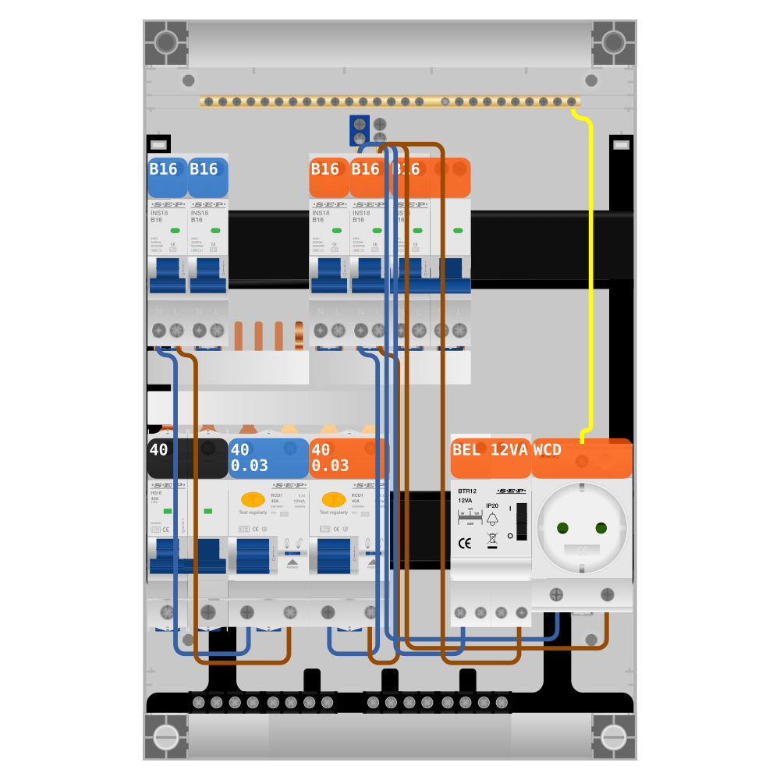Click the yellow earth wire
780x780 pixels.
click(x=591, y=273)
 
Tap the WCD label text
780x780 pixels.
click(x=548, y=450)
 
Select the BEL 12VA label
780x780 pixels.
click(x=490, y=450)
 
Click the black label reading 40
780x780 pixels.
click(x=159, y=450)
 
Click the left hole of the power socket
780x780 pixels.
click(x=562, y=528)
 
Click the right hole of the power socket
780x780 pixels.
click(x=601, y=528)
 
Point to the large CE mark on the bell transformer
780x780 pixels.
click(x=464, y=544)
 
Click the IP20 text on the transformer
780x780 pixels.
click(x=492, y=505)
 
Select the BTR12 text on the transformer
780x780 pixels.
click(x=468, y=491)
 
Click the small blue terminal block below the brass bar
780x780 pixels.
click(x=360, y=125)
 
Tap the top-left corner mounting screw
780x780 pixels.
click(x=165, y=42)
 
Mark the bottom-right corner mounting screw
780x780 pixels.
click(x=614, y=737)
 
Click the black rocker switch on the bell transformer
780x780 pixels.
click(x=522, y=521)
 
